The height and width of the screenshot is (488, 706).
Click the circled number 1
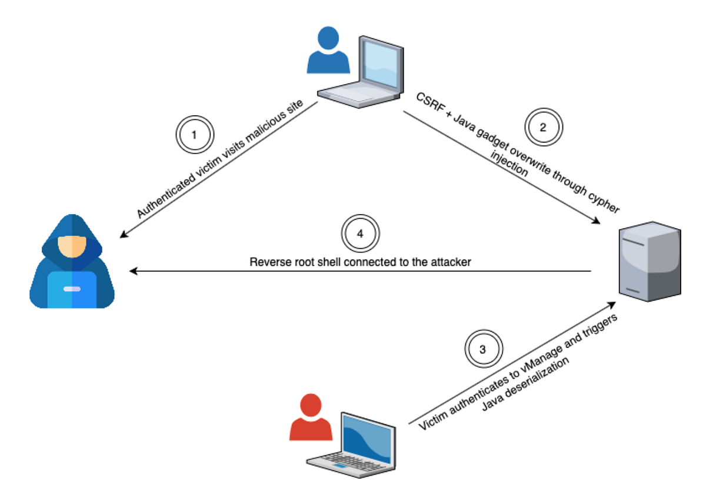click(x=194, y=134)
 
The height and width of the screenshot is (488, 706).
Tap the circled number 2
click(x=544, y=126)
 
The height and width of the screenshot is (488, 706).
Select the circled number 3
click(x=483, y=349)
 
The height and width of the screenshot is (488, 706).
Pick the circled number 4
click(x=361, y=232)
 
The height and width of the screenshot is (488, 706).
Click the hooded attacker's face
click(x=72, y=246)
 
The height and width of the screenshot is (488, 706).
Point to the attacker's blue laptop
click(x=72, y=289)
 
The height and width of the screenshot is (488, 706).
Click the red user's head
click(x=307, y=405)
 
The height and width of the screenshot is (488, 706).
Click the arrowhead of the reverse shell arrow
click(x=134, y=271)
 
